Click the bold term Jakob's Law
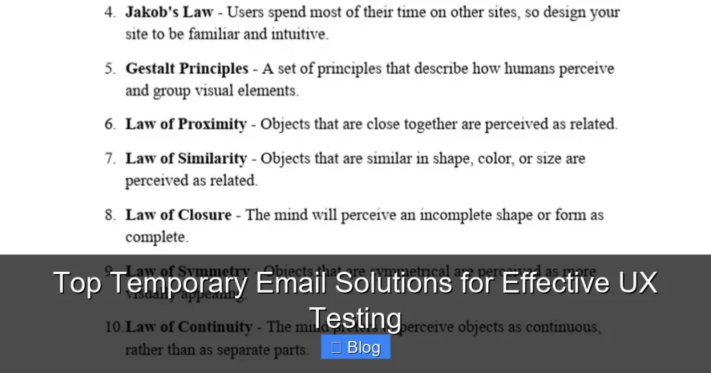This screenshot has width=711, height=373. click(169, 12)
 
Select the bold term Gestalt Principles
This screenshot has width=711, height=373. click(186, 69)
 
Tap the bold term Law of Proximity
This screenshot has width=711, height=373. click(185, 125)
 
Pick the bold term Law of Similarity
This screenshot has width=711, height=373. click(185, 159)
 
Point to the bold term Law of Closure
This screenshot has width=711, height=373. click(178, 215)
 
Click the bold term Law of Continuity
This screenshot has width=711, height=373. click(188, 327)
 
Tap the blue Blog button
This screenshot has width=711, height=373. click(355, 347)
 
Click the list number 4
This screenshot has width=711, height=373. click(110, 13)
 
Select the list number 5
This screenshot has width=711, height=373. click(110, 69)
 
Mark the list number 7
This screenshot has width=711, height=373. click(110, 159)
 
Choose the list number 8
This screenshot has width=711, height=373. click(110, 216)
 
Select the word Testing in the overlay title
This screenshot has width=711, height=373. click(355, 318)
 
